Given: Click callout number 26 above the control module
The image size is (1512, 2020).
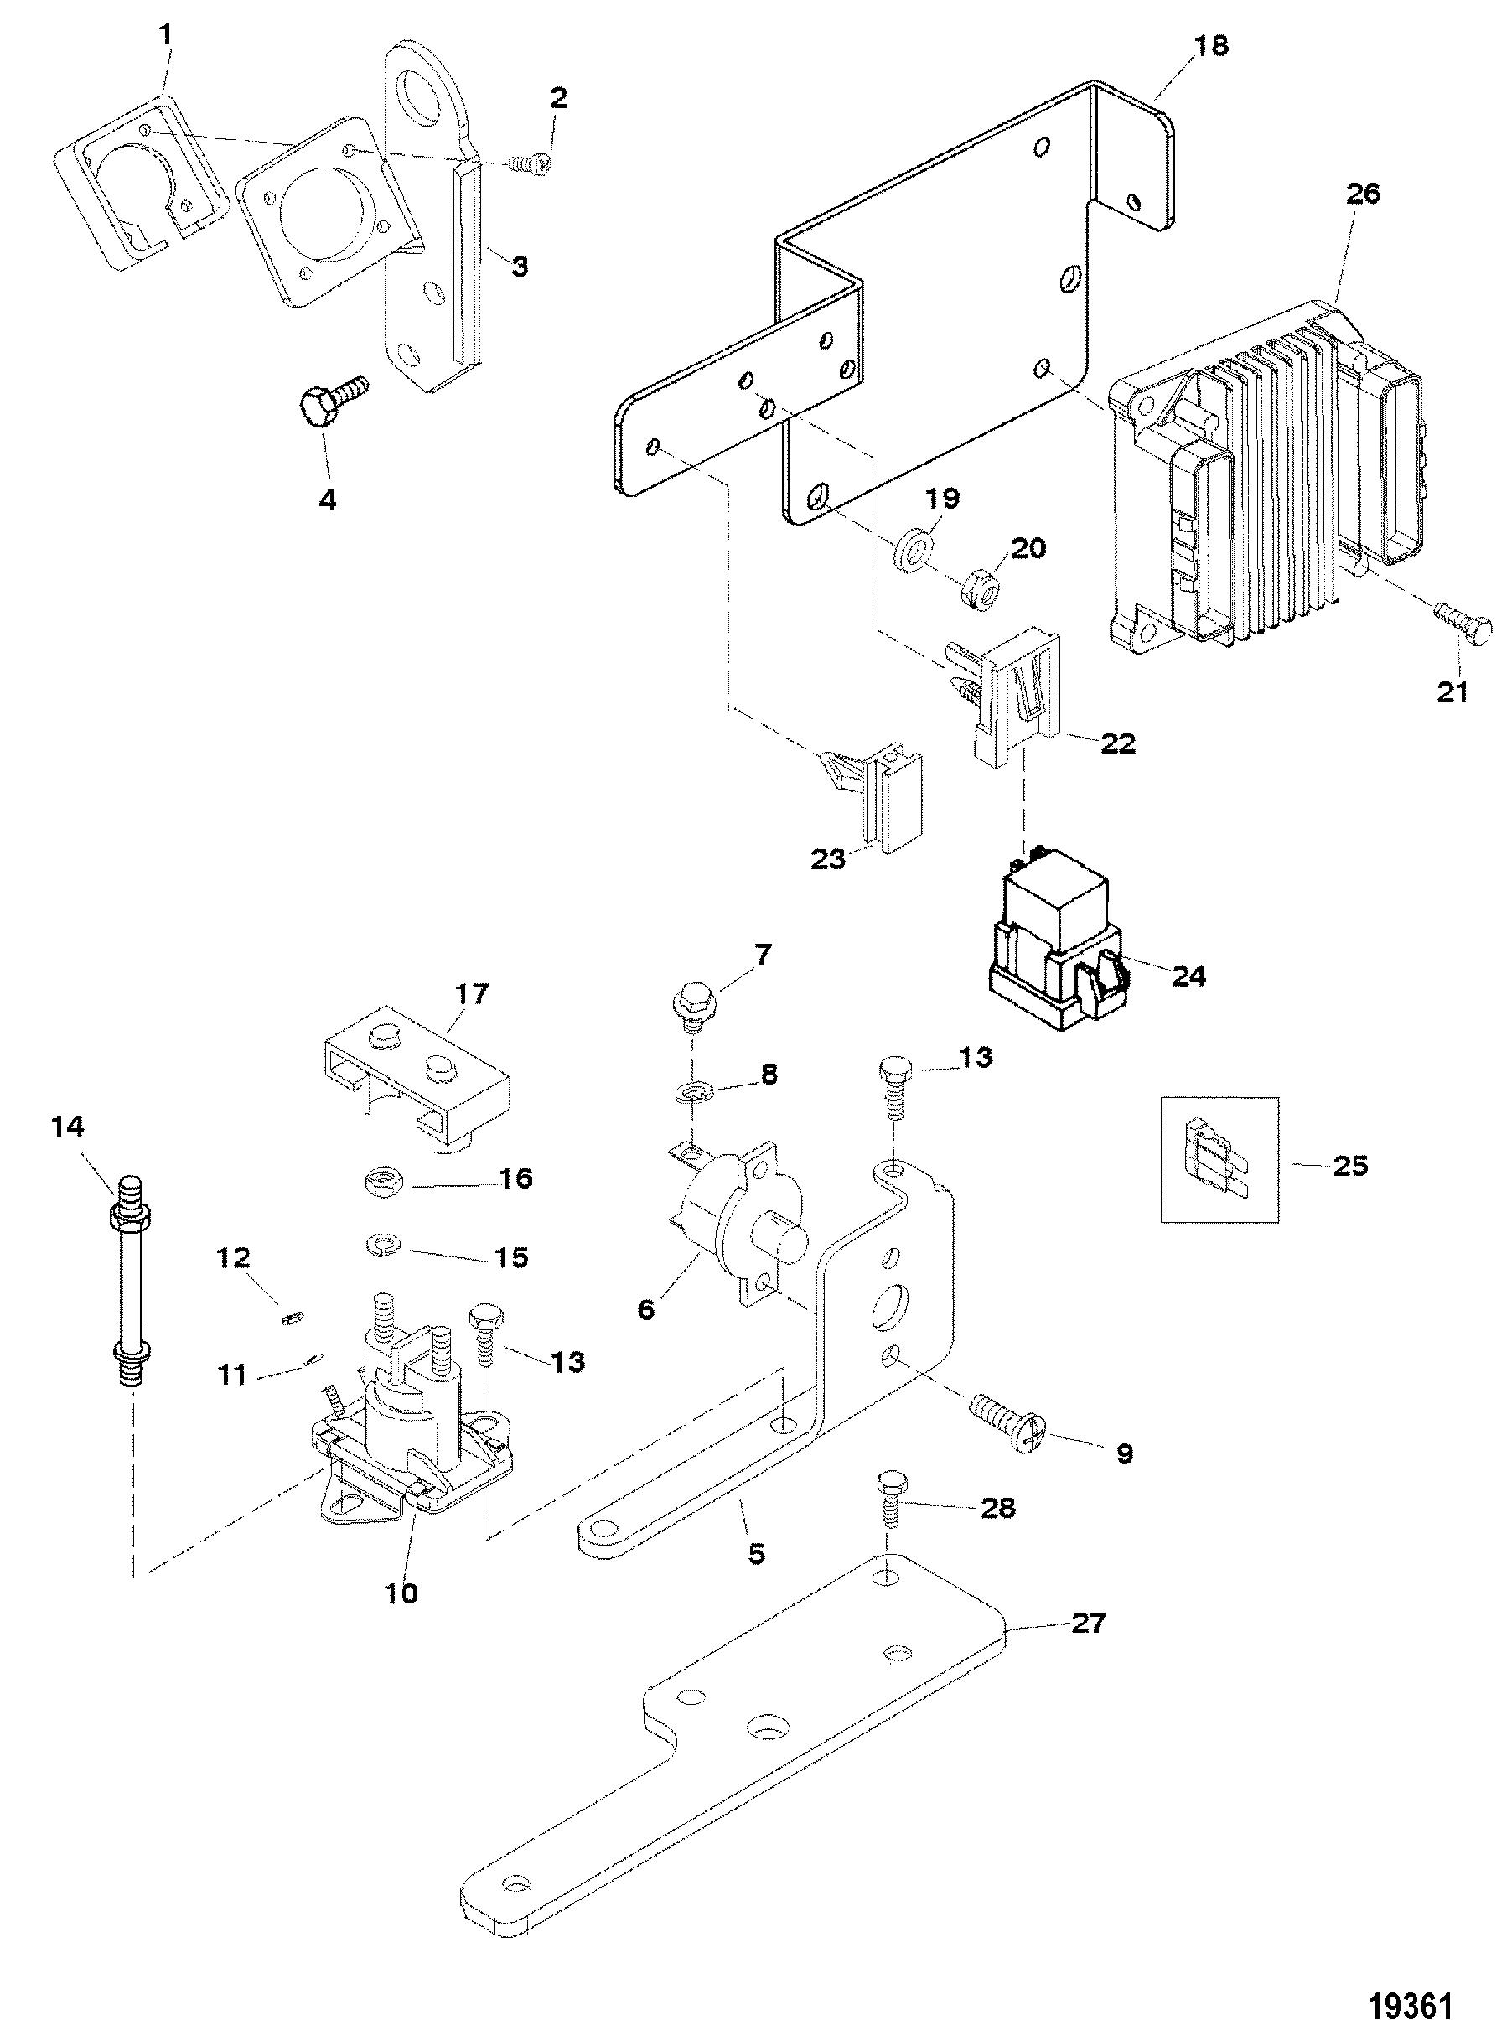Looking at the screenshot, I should click(1361, 194).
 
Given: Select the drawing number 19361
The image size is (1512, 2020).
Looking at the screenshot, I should click(1412, 2000).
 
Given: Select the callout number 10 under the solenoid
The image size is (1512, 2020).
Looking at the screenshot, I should click(401, 1593).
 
